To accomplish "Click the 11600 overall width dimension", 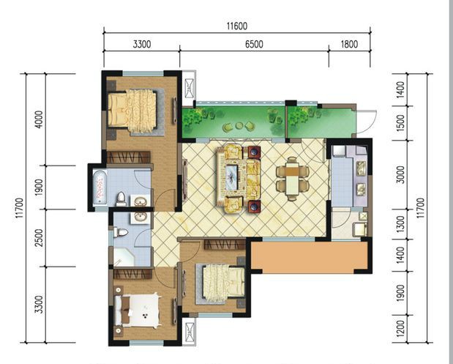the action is point(237,26).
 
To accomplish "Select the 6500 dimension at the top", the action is point(254,44).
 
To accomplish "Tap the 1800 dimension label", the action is point(349,44).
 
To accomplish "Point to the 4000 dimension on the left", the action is point(39,119).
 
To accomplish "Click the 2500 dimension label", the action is point(39,237).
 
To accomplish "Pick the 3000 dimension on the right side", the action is point(400,174).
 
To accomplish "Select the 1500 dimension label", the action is point(400,123).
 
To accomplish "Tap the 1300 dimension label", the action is point(400,224).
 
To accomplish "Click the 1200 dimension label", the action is point(400,328).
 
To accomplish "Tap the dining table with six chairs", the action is point(293,179).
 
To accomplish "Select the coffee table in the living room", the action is point(231,177).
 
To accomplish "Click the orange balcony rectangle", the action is point(309,256).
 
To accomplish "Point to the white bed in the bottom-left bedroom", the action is point(138,310).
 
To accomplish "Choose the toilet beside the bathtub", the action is point(121,199).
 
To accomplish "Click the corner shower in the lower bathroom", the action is point(124,256).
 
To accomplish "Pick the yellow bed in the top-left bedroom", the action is point(132,111).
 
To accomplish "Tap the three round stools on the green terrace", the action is point(239,126).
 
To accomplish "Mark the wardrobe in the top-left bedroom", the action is point(129,157).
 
